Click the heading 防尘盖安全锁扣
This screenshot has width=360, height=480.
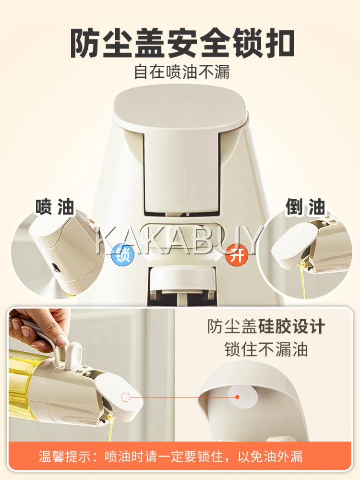tap(182, 43)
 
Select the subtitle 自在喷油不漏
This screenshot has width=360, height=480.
tap(182, 72)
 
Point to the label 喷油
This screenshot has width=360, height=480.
tap(55, 207)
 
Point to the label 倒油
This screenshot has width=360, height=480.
tap(305, 207)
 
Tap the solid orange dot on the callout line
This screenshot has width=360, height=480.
tap(237, 397)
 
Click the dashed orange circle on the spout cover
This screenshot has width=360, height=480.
tap(126, 397)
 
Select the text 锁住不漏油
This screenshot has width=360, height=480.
tap(266, 349)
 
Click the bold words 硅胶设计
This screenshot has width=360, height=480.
tap(291, 326)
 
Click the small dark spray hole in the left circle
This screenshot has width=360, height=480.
tap(55, 267)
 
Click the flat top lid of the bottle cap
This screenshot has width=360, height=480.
tap(180, 107)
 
